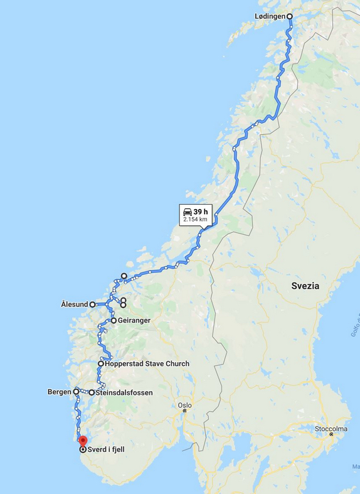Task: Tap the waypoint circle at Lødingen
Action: tap(290, 16)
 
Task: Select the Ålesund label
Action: tap(74, 304)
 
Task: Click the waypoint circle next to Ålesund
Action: tap(93, 304)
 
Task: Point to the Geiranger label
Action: tap(134, 321)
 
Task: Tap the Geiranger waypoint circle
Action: tap(114, 321)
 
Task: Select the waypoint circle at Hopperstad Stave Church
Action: tap(101, 363)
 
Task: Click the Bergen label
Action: tap(59, 392)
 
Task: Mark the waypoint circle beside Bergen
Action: tap(77, 391)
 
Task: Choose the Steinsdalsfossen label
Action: tap(124, 393)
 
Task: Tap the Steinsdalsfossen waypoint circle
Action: tap(92, 393)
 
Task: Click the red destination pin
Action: tap(83, 441)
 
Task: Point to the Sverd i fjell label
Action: tap(106, 449)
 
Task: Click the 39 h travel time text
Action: tap(201, 212)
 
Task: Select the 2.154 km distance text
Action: tap(195, 220)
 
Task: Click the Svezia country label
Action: tap(305, 286)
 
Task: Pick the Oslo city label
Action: tap(184, 405)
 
